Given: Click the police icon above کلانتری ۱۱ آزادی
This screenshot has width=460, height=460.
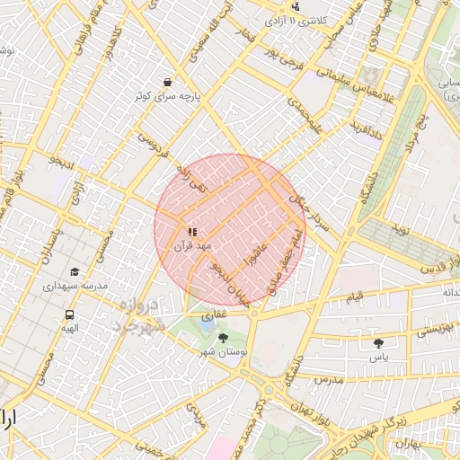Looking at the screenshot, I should [296, 6].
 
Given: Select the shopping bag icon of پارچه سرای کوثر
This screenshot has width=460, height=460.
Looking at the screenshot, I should [168, 81].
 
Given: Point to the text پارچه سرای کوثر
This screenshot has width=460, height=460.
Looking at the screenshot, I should [168, 94].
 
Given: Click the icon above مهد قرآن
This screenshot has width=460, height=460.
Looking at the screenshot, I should [192, 232].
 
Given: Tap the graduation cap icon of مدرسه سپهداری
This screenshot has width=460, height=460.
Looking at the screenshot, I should [75, 271].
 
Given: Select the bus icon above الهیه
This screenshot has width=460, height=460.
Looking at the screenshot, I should [69, 314].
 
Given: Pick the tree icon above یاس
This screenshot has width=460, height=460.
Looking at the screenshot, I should [378, 343].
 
